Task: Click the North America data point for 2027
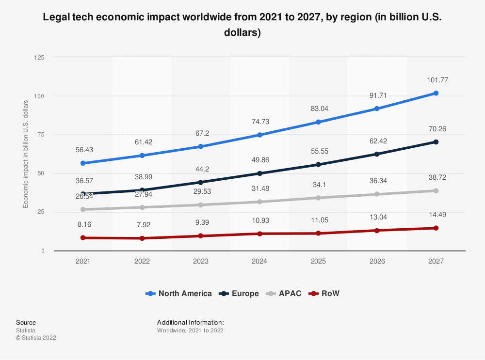coord(436,93)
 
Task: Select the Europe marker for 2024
coord(259,173)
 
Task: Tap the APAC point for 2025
coord(318,198)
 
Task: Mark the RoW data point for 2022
coord(142,238)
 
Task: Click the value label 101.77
coord(436,79)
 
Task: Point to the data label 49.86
coord(259,160)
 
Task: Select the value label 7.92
coord(142,225)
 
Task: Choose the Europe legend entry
coord(239,293)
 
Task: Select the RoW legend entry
coord(325,293)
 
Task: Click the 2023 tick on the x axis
coord(201,261)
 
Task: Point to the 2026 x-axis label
coord(377,261)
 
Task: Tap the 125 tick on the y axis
coord(39,58)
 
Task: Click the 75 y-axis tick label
coord(41,135)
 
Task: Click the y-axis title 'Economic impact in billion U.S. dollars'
coord(26,154)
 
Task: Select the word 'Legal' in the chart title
coord(55,17)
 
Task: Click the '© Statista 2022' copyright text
coord(36,338)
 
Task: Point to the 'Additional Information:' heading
coord(190,322)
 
